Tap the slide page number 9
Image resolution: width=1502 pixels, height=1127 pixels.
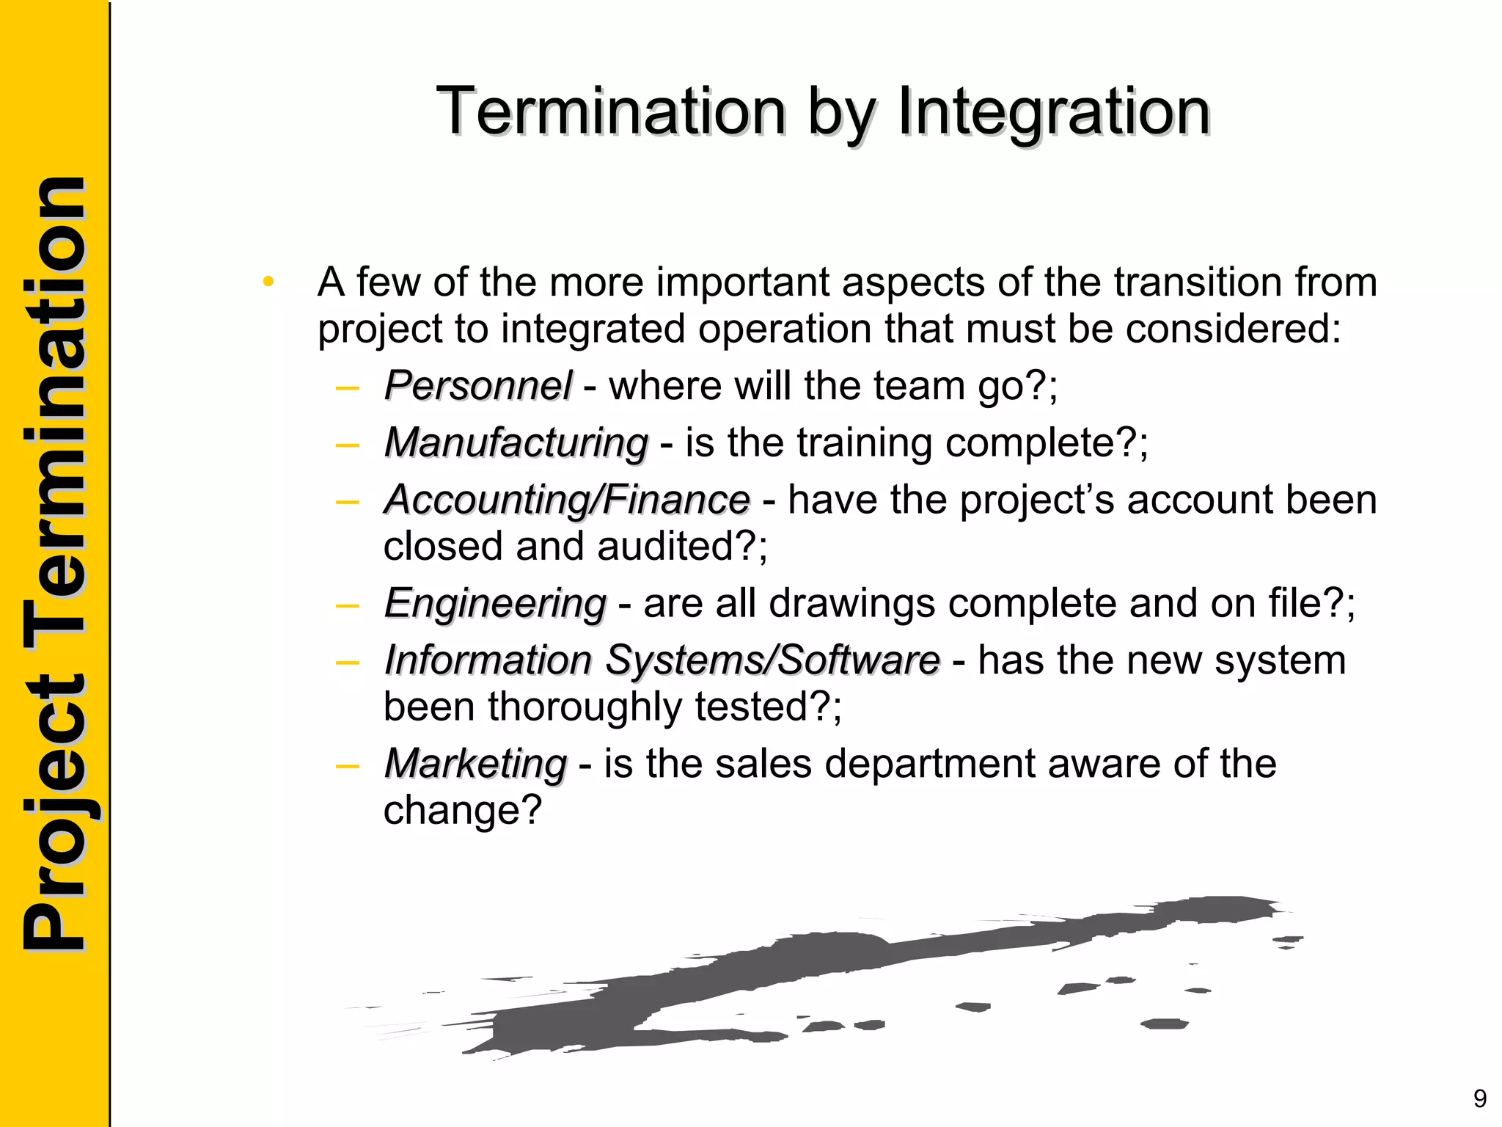[x=1480, y=1098]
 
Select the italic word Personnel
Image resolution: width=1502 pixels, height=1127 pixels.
[x=477, y=386]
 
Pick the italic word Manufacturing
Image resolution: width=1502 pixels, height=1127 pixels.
[x=516, y=443]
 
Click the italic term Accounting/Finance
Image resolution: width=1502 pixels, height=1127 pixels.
[x=567, y=500]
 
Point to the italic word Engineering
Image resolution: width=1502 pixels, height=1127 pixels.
[x=495, y=604]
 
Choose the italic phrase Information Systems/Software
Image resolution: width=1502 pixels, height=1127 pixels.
[x=662, y=660]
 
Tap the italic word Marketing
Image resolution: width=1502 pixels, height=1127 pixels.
[x=475, y=764]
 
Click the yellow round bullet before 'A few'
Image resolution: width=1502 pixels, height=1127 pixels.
[x=268, y=281]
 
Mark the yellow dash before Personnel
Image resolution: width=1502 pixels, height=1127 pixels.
[x=347, y=387]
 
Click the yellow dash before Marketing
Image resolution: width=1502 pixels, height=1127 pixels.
[x=347, y=765]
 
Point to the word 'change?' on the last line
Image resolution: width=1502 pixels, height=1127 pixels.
[x=462, y=811]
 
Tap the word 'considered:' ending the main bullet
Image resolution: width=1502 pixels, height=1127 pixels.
[x=1233, y=329]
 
